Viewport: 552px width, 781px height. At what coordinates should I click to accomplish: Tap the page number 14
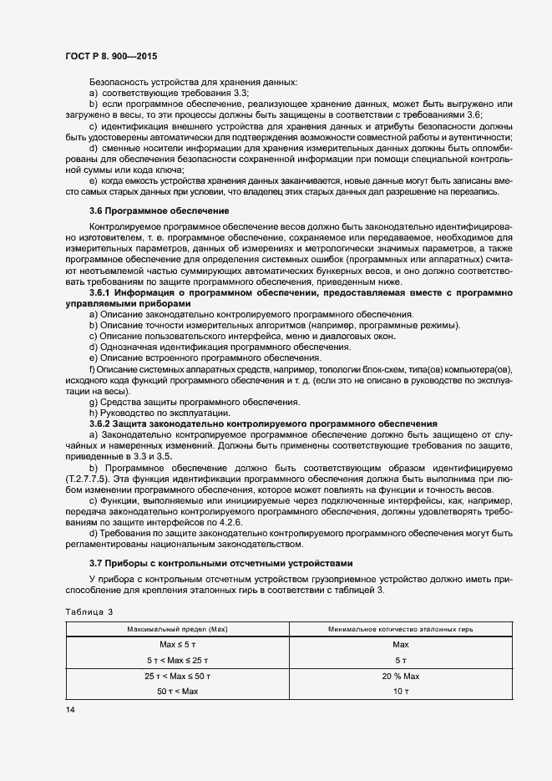(70, 709)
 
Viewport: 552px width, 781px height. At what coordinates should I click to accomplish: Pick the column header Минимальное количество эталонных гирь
(399, 628)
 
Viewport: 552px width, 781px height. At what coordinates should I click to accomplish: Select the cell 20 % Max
(399, 676)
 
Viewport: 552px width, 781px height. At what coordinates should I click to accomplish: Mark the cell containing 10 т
(399, 692)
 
